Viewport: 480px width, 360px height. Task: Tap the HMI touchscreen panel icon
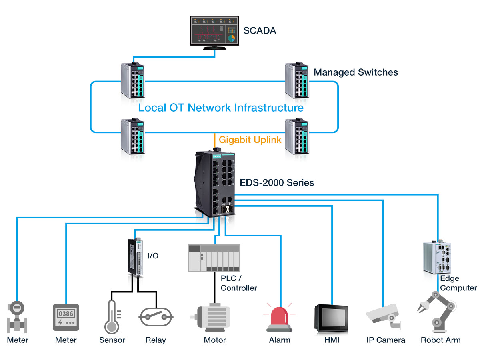coord(331,318)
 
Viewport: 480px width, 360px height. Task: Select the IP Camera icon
coord(383,316)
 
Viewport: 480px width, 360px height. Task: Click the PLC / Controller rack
coord(214,258)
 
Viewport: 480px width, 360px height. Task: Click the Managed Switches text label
coord(356,72)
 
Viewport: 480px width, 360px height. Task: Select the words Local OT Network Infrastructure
coord(221,108)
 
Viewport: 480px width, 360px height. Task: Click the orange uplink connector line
coord(215,140)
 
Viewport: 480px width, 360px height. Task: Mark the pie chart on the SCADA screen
coord(232,38)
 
